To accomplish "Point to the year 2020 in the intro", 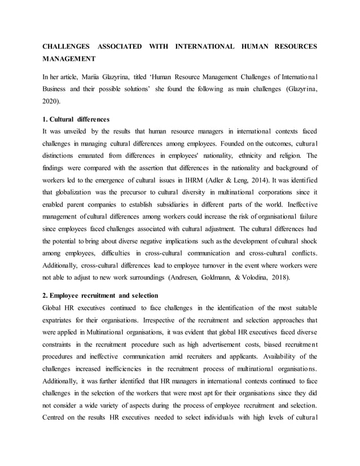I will pos(52,102).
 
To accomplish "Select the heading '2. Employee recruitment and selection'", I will pos(100,296).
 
